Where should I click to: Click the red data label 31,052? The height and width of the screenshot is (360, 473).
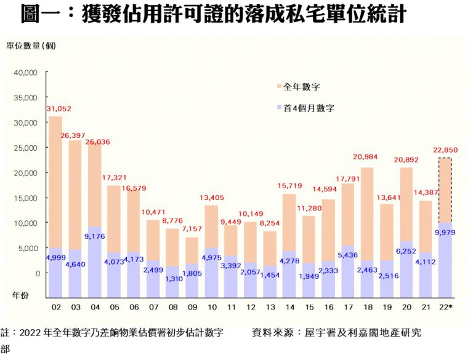pyautogui.click(x=59, y=109)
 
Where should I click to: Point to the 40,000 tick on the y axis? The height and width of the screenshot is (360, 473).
pyautogui.click(x=25, y=72)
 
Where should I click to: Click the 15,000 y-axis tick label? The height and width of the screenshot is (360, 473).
pyautogui.click(x=25, y=198)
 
